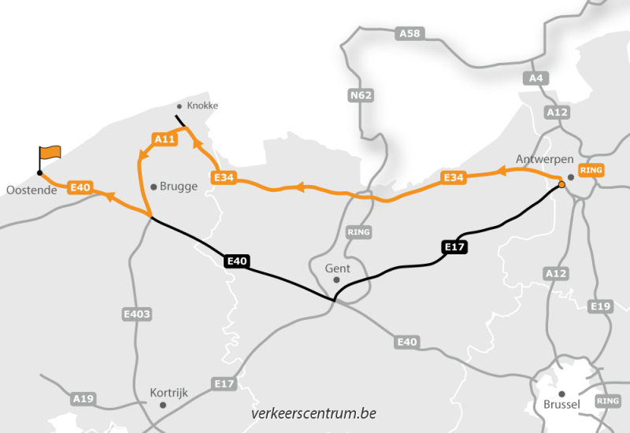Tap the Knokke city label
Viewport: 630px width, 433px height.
pyautogui.click(x=202, y=105)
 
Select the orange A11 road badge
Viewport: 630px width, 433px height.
pyautogui.click(x=165, y=139)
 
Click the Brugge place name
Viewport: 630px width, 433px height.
pyautogui.click(x=178, y=187)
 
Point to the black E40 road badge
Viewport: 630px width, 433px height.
pyautogui.click(x=237, y=261)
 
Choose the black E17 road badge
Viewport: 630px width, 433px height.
pyautogui.click(x=455, y=247)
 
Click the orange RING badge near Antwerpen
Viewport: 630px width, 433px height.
pyautogui.click(x=591, y=170)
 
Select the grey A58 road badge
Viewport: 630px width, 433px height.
pyautogui.click(x=410, y=33)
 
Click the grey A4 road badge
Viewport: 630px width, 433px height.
pyautogui.click(x=535, y=78)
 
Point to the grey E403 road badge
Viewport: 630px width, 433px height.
pyautogui.click(x=136, y=314)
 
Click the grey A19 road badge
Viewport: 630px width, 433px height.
pyautogui.click(x=83, y=399)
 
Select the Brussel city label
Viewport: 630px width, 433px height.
pyautogui.click(x=561, y=405)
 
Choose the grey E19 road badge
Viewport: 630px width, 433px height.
pyautogui.click(x=600, y=305)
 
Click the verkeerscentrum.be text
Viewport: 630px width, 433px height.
pyautogui.click(x=313, y=413)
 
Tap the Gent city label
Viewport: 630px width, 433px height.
pyautogui.click(x=337, y=268)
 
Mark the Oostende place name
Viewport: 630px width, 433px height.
pyautogui.click(x=31, y=191)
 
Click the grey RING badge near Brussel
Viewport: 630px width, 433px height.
pyautogui.click(x=609, y=401)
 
